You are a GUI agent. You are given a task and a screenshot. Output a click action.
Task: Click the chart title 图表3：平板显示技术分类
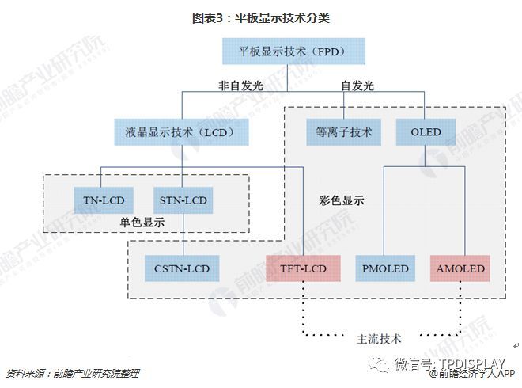tap(261, 17)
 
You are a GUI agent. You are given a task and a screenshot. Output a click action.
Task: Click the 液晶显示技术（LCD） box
tap(181, 131)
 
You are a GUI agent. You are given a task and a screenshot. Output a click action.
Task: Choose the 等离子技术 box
tap(343, 131)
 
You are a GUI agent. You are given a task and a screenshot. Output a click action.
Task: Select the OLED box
tap(426, 131)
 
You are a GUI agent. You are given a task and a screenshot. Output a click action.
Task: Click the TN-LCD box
tap(104, 200)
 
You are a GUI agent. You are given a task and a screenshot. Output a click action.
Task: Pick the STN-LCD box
tap(183, 200)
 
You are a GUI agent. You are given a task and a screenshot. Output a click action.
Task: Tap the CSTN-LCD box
tap(182, 268)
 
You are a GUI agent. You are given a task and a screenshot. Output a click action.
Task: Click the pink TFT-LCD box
tap(303, 268)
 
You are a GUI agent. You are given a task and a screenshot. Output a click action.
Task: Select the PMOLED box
tap(385, 268)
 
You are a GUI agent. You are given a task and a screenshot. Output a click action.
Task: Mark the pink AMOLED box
tap(460, 268)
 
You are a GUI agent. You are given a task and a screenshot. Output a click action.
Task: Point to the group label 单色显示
tap(142, 223)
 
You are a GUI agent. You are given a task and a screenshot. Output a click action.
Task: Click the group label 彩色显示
tap(342, 201)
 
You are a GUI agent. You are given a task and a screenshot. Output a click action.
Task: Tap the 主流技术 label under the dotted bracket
tap(379, 338)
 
